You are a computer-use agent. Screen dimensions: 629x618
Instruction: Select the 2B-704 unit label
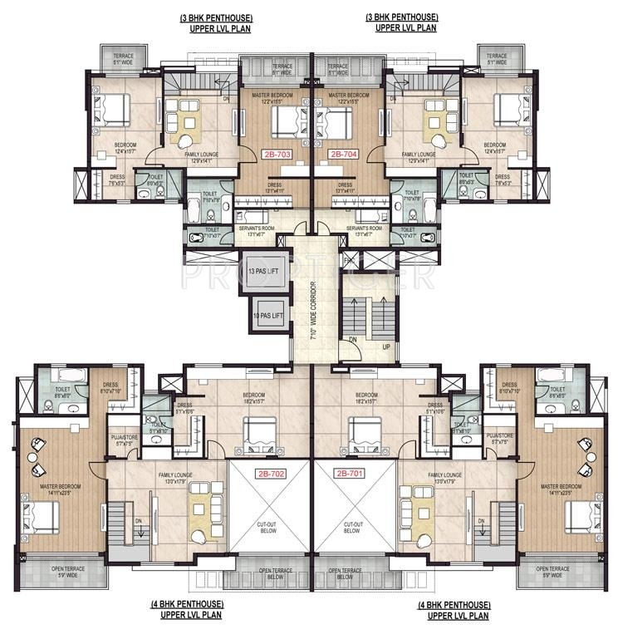(342, 155)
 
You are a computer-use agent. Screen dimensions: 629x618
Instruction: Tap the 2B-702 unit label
(270, 473)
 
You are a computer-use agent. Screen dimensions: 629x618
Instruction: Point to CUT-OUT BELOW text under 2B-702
(270, 528)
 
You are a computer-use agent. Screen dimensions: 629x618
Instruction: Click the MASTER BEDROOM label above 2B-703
(271, 97)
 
